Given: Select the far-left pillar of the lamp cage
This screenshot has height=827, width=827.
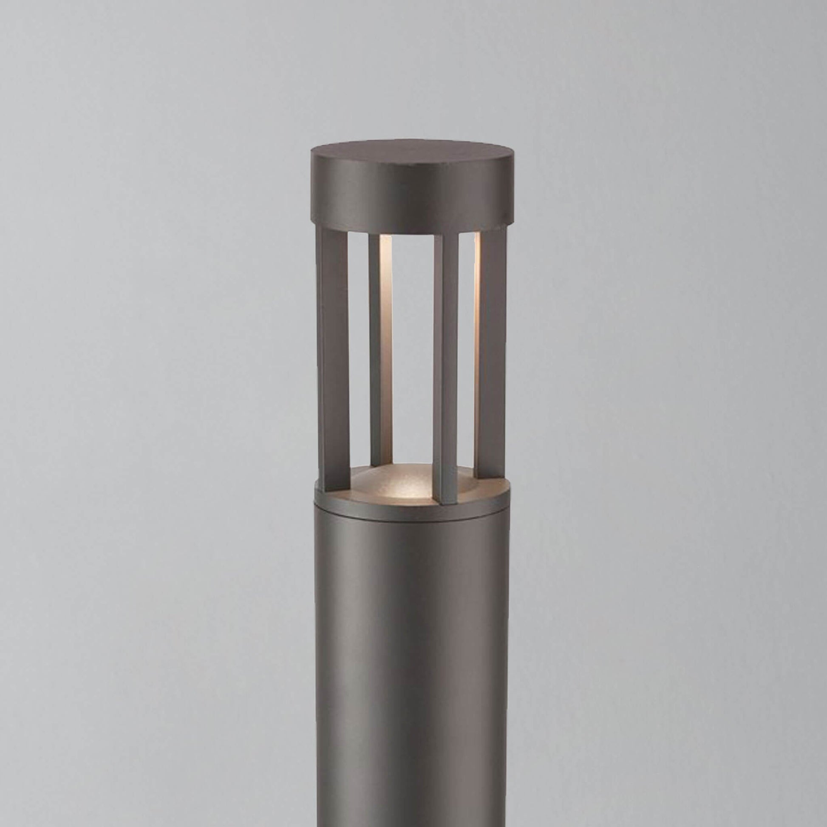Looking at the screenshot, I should (333, 360).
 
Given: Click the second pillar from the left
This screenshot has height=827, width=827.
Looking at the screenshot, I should (375, 347).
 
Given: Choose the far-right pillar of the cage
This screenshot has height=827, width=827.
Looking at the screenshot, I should (492, 355).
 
